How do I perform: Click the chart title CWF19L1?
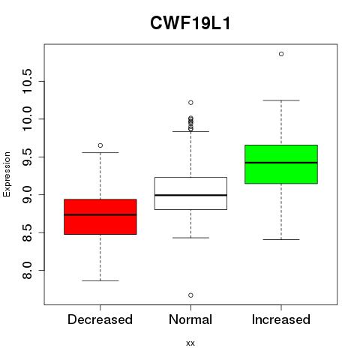tap(190, 23)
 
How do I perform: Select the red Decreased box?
tap(100, 217)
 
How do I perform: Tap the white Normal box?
tap(190, 193)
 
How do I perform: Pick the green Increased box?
tap(281, 164)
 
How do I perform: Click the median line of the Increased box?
tap(281, 163)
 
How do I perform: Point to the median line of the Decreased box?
tap(100, 214)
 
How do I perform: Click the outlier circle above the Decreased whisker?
tap(100, 145)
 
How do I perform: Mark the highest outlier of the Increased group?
tap(281, 54)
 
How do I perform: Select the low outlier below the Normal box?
tap(190, 295)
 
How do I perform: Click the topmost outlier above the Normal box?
tap(190, 103)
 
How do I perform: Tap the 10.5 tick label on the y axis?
tap(27, 81)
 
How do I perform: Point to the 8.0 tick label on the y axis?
tap(27, 271)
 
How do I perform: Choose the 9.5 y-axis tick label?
tap(27, 157)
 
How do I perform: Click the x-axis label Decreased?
tap(100, 319)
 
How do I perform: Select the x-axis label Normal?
tap(190, 319)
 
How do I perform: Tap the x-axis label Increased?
tap(281, 319)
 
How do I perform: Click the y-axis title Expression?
tap(7, 174)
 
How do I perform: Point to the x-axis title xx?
tap(190, 343)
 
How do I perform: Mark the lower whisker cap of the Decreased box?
tap(100, 280)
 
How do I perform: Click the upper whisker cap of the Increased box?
tap(281, 100)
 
